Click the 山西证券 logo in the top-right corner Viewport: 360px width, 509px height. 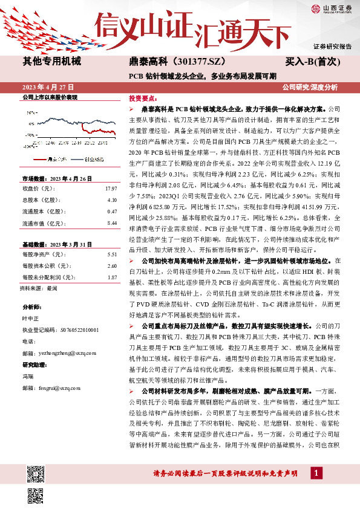[x=332, y=8]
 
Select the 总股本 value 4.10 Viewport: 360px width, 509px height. [x=111, y=199]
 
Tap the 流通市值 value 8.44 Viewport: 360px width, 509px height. [x=111, y=223]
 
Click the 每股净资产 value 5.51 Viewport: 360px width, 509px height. [x=111, y=255]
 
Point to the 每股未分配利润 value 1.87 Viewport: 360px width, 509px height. [x=111, y=277]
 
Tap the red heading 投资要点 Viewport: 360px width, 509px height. [x=143, y=97]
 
